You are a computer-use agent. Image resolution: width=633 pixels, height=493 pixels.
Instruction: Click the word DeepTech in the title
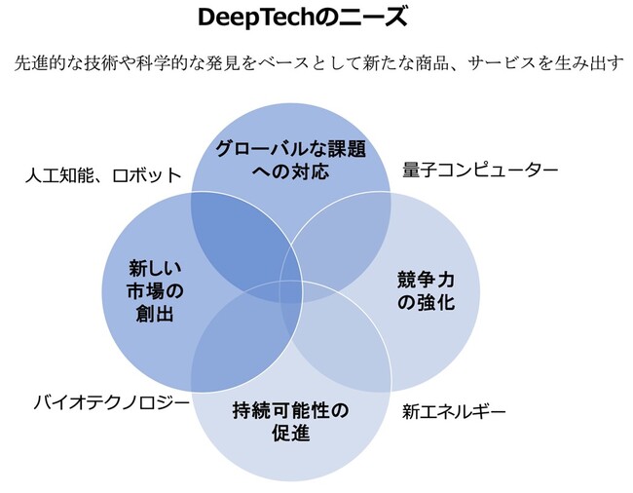[x=254, y=19]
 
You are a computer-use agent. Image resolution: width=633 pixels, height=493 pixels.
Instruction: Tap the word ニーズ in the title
[x=375, y=19]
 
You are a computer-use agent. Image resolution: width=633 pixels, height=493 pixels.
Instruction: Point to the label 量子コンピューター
[x=480, y=171]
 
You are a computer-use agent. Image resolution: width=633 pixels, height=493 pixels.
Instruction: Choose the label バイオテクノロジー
[x=110, y=400]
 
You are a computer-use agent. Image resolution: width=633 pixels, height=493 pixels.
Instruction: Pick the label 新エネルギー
[x=454, y=411]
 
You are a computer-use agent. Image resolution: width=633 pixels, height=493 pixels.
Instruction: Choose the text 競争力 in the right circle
[x=426, y=280]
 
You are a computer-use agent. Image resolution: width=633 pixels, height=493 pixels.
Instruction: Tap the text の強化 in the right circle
[x=426, y=302]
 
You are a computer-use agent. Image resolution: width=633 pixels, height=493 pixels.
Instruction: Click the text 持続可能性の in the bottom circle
[x=290, y=408]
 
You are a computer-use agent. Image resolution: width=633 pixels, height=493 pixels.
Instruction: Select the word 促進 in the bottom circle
[x=290, y=432]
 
